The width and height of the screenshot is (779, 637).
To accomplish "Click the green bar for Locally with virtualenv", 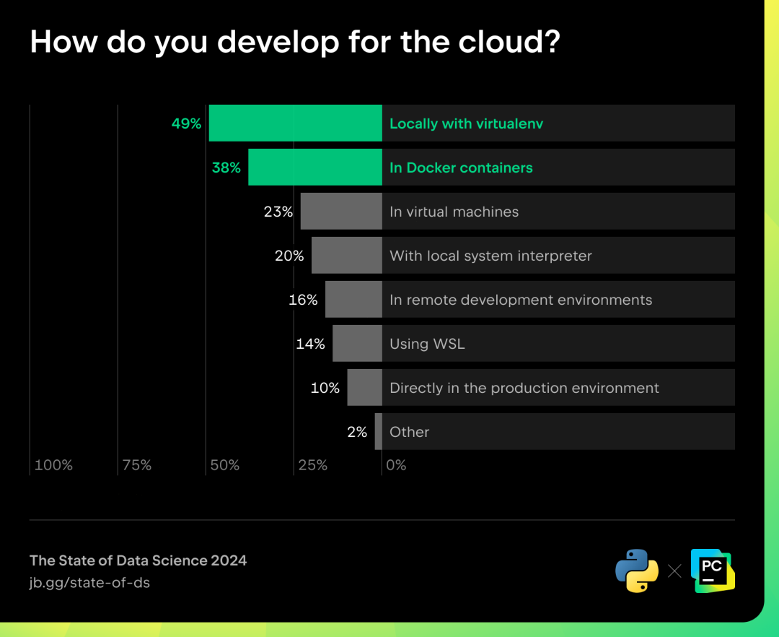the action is [x=296, y=123].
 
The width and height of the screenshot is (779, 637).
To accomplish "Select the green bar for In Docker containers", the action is [x=315, y=167].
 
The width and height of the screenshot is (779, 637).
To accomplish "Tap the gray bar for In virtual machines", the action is [x=341, y=212].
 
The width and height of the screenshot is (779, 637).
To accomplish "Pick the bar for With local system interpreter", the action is [x=347, y=255].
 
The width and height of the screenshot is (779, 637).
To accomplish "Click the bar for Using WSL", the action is [x=357, y=343].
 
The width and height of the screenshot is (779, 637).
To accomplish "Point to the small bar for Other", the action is [x=379, y=431].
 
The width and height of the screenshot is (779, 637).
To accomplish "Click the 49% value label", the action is [x=186, y=123].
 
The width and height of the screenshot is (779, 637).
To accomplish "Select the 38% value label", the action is [x=226, y=168].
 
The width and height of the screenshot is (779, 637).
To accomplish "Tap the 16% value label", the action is [x=303, y=300].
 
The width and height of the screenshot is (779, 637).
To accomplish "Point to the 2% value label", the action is [x=357, y=432].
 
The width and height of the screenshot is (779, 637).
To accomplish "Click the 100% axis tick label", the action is [x=53, y=465].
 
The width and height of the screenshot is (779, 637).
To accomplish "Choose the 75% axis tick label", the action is [x=136, y=465].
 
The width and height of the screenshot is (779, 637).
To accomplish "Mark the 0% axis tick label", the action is [x=396, y=465].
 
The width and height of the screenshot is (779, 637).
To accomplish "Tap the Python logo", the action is [x=637, y=571].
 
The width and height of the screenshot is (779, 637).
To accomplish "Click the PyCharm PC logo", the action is [x=713, y=571].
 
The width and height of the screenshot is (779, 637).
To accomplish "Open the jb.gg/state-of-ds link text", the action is [x=89, y=583].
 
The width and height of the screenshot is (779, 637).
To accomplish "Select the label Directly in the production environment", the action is [x=524, y=388].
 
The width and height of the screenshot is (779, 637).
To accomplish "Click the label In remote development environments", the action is [x=521, y=300].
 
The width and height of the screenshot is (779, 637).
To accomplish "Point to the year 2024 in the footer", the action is [x=229, y=560].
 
